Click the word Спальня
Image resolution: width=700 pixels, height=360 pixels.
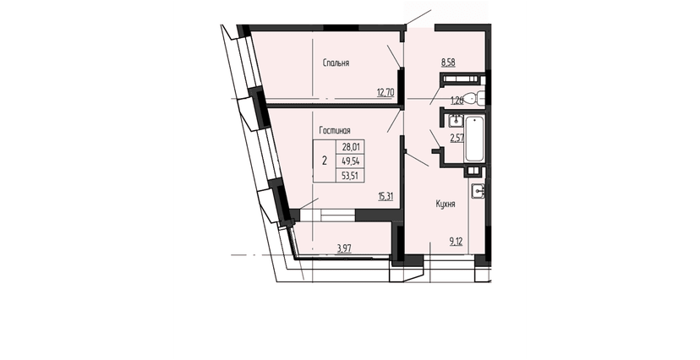coord(336,63)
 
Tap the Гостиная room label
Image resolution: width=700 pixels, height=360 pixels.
coord(335,130)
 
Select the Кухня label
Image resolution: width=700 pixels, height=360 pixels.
coord(446,204)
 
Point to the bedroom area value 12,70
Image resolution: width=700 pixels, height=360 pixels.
coord(385,92)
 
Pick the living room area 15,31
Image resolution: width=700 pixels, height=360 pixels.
coord(386,196)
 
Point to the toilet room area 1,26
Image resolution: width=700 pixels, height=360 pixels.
coord(457,100)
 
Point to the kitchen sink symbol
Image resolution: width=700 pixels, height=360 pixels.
coord(479,191)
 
